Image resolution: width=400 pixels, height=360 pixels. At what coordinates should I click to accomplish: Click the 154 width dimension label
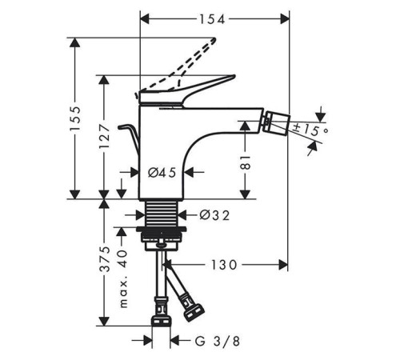212,19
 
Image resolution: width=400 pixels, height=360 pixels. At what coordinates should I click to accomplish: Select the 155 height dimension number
75,118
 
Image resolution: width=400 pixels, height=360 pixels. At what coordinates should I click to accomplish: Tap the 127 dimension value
104,136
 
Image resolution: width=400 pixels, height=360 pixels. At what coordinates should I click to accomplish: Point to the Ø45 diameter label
162,173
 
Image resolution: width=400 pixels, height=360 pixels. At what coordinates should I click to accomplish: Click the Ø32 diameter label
214,215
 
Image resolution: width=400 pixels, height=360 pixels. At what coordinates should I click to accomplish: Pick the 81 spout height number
246,162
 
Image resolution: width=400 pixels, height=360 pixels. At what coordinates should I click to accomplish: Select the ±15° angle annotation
310,130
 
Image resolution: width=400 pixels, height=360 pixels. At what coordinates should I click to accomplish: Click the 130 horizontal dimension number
224,265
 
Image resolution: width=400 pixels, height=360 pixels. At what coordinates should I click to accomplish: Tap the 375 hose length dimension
104,259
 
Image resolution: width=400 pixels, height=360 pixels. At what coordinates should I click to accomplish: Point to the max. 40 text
123,279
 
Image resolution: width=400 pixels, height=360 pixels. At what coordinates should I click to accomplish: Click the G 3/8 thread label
218,341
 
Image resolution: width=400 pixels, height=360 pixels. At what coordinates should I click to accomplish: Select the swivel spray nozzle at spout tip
276,122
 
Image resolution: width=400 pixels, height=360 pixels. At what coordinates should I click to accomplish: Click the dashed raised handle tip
214,40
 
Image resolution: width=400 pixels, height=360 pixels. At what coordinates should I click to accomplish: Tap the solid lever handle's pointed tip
234,77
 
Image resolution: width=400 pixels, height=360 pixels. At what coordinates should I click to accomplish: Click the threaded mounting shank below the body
162,213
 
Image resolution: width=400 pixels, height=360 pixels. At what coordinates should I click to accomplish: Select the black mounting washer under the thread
162,229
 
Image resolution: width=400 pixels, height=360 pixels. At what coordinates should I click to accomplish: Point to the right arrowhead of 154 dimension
285,19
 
